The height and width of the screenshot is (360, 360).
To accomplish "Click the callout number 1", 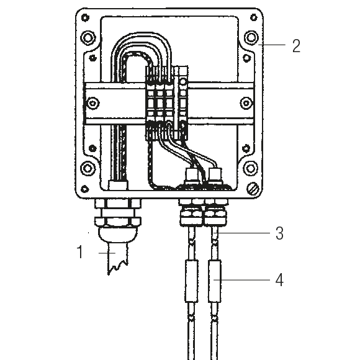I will tap(79, 253).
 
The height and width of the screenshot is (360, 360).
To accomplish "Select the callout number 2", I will tap(296, 46).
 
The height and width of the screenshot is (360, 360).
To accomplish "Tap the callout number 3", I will tap(279, 233).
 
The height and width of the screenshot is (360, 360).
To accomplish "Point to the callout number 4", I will tap(279, 280).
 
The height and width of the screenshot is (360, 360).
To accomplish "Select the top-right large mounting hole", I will tap(251, 38).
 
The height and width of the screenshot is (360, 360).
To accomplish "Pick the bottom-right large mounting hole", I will tap(251, 168).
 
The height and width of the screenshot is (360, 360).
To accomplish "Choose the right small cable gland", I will tap(214, 215).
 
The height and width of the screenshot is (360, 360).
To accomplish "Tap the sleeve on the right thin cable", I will tap(215, 281).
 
